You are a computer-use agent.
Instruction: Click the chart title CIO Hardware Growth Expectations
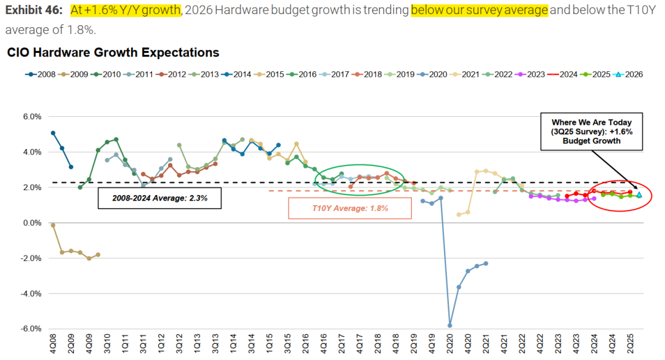tap(113, 53)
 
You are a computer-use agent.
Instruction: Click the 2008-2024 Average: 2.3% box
tap(159, 198)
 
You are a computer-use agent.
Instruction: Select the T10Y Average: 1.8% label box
tap(349, 208)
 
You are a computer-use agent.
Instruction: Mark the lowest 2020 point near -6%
tap(449, 326)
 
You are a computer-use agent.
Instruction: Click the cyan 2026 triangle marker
tap(639, 194)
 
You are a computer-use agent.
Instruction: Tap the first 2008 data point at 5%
tap(53, 133)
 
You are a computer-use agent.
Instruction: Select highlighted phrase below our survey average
tap(479, 10)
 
